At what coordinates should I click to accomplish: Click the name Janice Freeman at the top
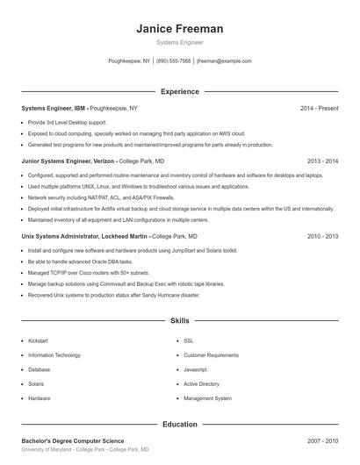pos(179,29)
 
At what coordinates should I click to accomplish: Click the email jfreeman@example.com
pos(224,61)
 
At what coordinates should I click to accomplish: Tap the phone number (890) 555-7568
pos(173,61)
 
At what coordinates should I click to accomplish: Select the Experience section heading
pos(179,91)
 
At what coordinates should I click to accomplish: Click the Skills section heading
pos(179,322)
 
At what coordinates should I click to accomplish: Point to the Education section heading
pos(179,424)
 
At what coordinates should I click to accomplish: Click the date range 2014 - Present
pos(319,108)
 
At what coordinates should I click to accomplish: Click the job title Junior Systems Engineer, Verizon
pos(68,161)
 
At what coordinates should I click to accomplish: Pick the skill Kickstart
pos(39,340)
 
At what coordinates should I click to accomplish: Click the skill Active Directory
pos(201,383)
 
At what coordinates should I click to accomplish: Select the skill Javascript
pos(195,369)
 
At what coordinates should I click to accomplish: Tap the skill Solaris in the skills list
pos(37,383)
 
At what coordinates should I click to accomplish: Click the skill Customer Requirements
pos(211,355)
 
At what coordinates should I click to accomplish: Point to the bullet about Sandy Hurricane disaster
pos(113,296)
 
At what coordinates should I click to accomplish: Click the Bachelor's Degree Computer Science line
pos(73,440)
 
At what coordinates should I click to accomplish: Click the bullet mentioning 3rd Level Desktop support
pos(67,122)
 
